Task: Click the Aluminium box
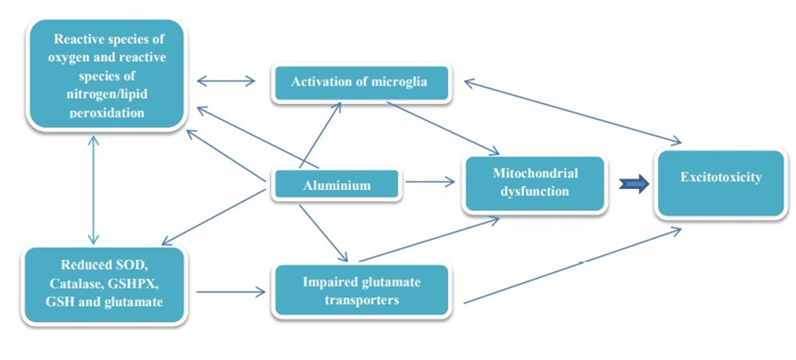[x=336, y=185]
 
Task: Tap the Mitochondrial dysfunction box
[x=534, y=182]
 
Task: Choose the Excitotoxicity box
[x=721, y=179]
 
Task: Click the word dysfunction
[x=535, y=191]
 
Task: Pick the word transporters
[x=362, y=300]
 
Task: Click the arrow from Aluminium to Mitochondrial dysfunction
[x=430, y=181]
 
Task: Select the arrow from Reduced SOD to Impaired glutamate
[x=230, y=293]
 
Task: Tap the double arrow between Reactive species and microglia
[x=226, y=81]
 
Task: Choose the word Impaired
[x=325, y=282]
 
